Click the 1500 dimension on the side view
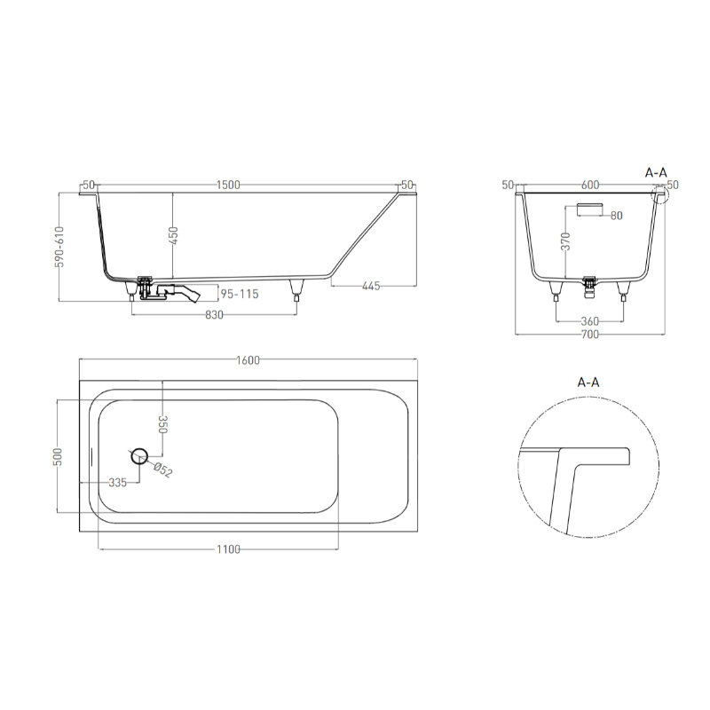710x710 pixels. (228, 185)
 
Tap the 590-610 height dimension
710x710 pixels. (59, 247)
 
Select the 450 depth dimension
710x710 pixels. (173, 235)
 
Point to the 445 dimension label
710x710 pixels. (371, 286)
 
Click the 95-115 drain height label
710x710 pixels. (240, 294)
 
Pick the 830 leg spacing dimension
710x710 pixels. (214, 315)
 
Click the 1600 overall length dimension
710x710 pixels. (248, 360)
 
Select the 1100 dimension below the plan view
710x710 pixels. (228, 549)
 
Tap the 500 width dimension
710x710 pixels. (58, 456)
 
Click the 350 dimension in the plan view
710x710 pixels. (163, 425)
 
